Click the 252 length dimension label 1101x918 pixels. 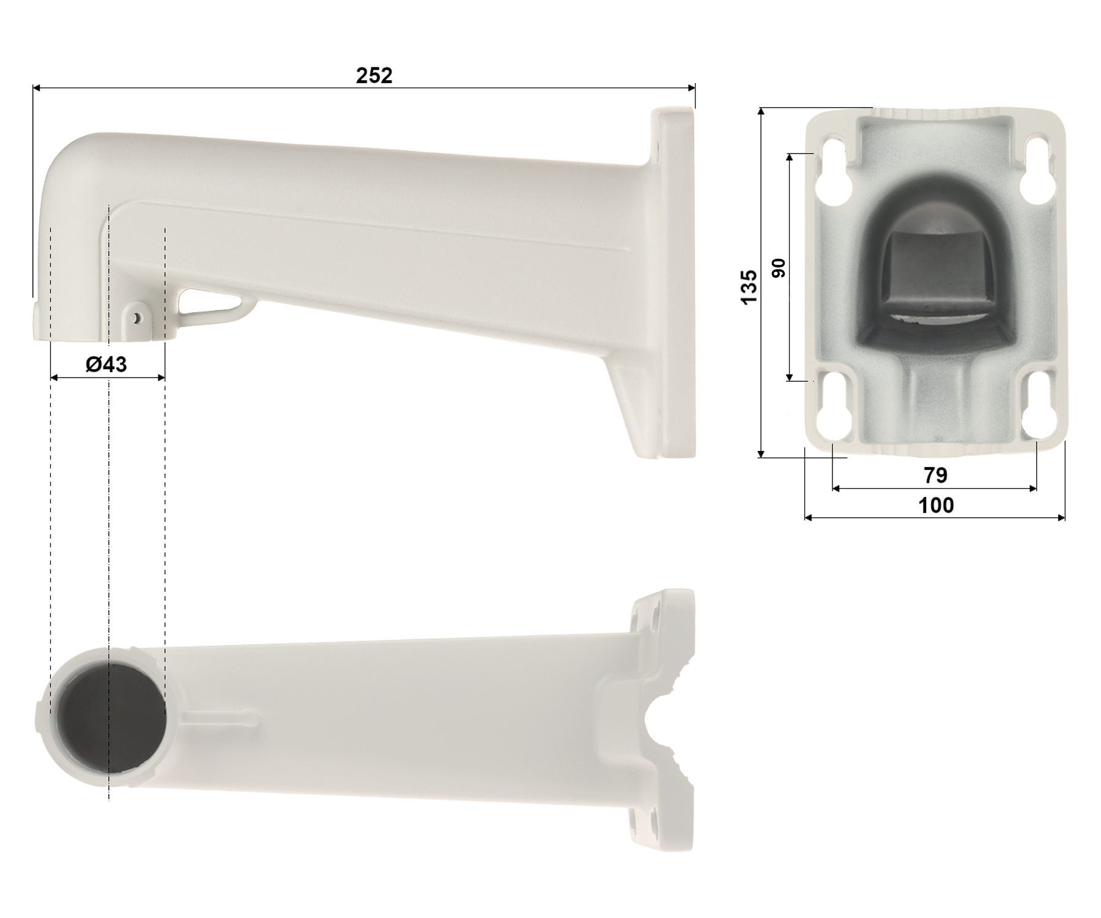(x=374, y=75)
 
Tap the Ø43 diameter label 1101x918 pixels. (x=106, y=365)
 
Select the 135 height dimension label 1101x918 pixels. (x=749, y=286)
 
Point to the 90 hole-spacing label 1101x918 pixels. (x=779, y=268)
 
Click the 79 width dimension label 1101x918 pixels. (x=935, y=475)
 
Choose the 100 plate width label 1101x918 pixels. (x=936, y=505)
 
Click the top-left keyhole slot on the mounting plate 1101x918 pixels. (x=836, y=171)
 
